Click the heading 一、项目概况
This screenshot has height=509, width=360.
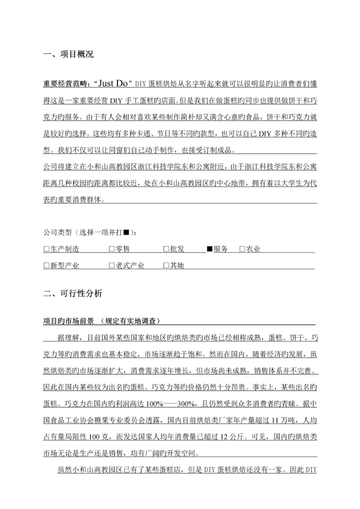pos(68,54)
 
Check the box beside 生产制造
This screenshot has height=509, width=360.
pos(46,249)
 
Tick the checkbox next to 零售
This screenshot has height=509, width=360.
pos(111,249)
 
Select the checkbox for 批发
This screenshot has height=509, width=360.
pos(166,249)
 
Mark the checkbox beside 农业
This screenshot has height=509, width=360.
pos(242,249)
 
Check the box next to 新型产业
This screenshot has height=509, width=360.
pos(46,266)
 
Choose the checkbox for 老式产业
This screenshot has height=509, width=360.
pos(111,266)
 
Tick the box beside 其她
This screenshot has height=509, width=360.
pos(166,266)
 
